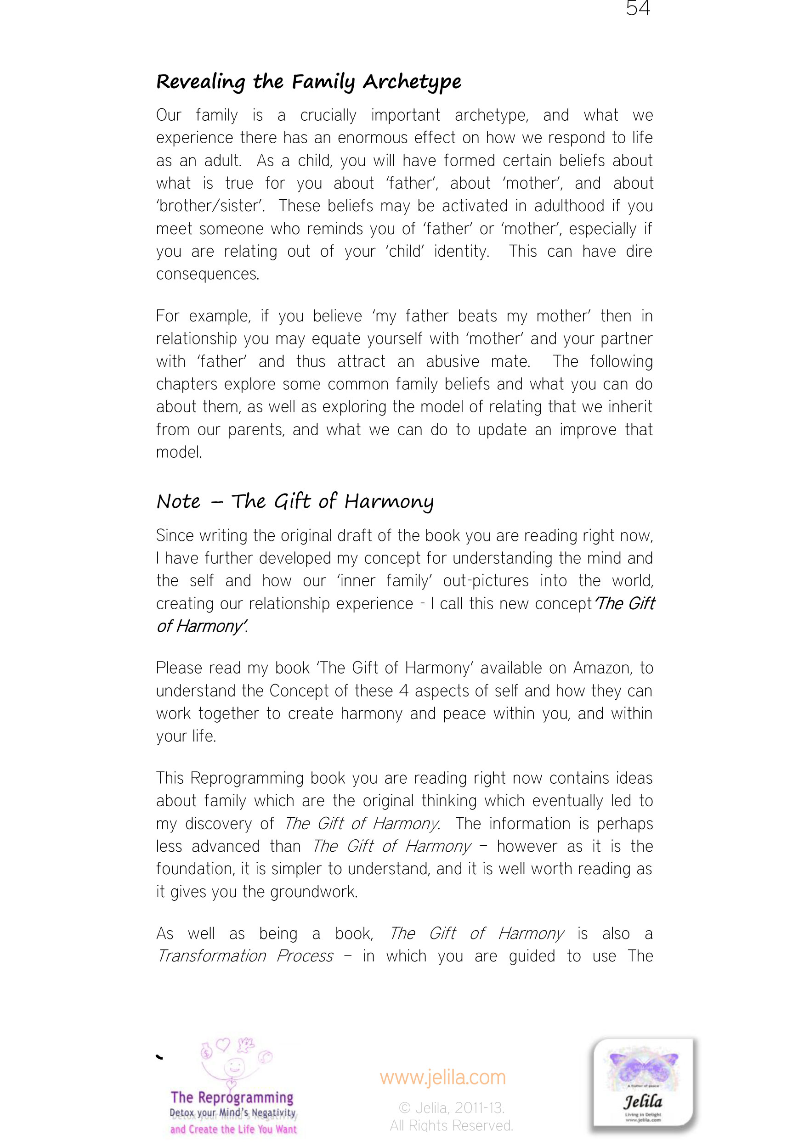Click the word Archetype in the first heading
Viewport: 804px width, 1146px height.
pos(412,82)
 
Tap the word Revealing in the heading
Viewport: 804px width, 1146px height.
pos(200,82)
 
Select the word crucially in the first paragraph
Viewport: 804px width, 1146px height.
pos(328,115)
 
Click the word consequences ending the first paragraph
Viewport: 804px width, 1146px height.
pos(207,274)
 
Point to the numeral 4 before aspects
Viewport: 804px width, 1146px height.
pos(404,691)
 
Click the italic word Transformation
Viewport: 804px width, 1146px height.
pos(211,956)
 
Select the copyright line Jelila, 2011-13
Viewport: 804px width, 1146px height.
pos(452,1108)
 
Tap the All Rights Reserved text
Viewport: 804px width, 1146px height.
pos(452,1125)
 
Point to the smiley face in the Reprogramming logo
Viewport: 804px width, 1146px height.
pos(234,1067)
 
